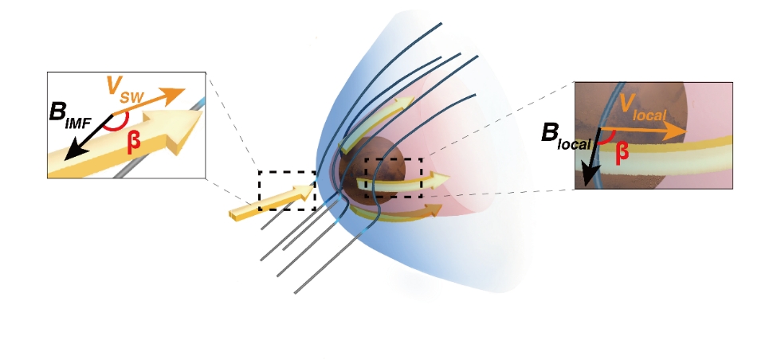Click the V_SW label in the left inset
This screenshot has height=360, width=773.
click(x=125, y=91)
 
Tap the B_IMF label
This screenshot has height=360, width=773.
click(x=69, y=116)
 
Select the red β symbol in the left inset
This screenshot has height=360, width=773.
click(x=134, y=143)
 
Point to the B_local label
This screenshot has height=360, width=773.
click(x=566, y=136)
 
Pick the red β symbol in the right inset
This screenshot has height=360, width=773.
click(x=622, y=151)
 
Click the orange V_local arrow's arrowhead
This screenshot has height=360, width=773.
click(x=676, y=131)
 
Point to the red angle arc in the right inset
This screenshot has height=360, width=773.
click(x=606, y=140)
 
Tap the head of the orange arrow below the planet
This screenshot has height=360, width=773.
click(x=434, y=209)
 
